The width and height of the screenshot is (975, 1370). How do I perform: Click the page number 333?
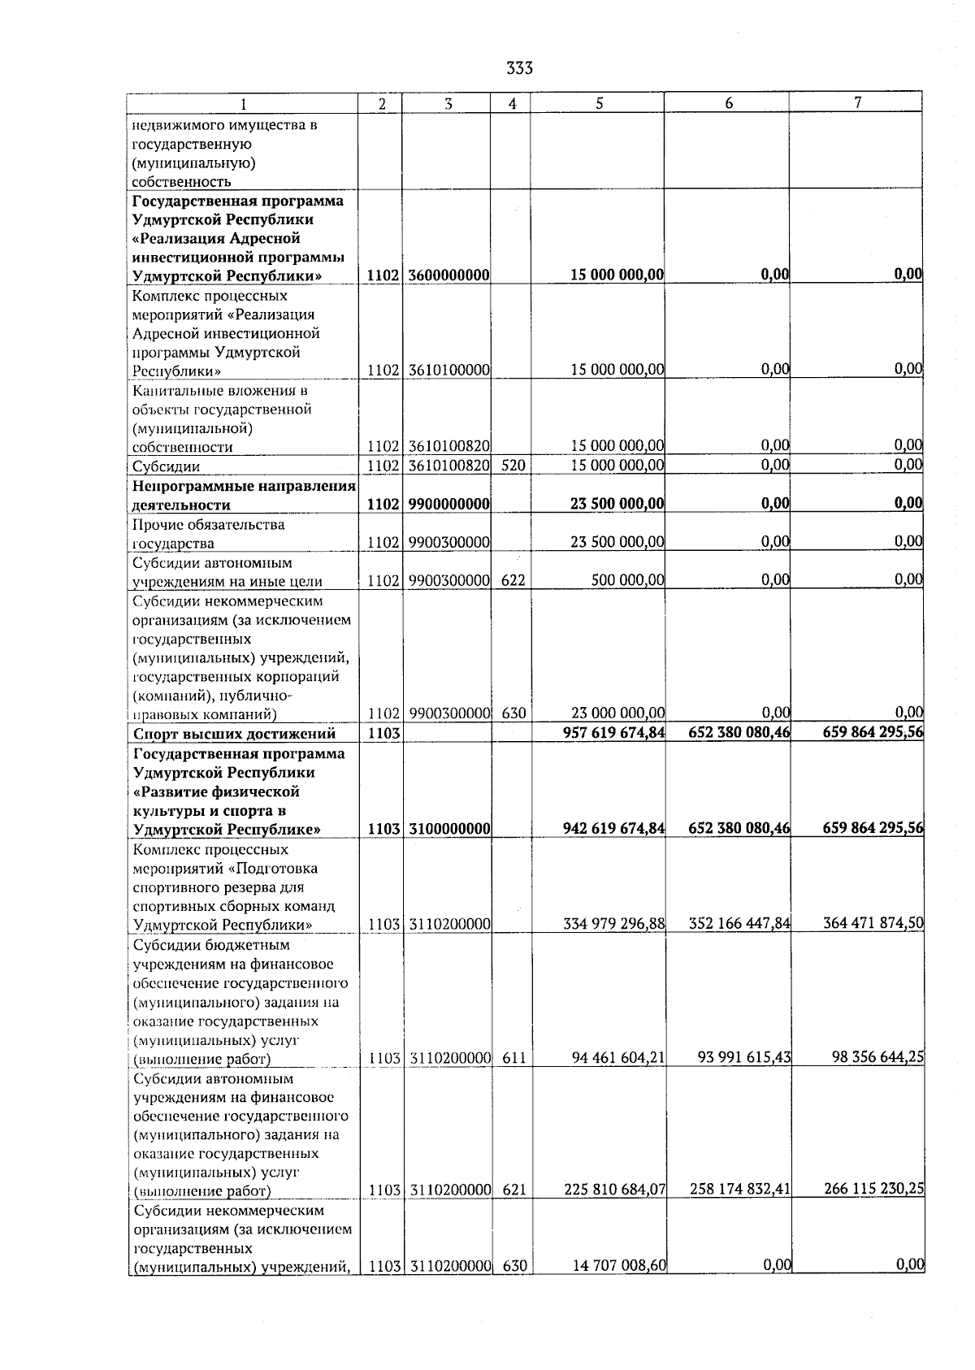click(519, 68)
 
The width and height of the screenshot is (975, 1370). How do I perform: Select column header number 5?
click(599, 103)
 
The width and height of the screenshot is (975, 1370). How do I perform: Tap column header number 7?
click(857, 102)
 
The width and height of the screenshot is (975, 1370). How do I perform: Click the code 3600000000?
click(448, 275)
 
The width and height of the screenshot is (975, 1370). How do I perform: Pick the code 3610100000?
click(448, 370)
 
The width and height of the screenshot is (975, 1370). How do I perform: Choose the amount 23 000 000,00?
click(617, 713)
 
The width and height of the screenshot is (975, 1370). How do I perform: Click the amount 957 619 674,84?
click(613, 733)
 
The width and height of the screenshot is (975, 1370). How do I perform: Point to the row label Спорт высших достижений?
click(234, 735)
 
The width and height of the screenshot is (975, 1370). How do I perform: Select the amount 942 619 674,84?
click(613, 829)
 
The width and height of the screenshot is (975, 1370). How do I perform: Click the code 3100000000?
click(448, 829)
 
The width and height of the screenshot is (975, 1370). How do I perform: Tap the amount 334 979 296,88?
click(614, 924)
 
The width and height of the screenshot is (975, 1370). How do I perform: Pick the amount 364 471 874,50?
click(873, 923)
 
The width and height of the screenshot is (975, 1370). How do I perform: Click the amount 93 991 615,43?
click(743, 1057)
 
